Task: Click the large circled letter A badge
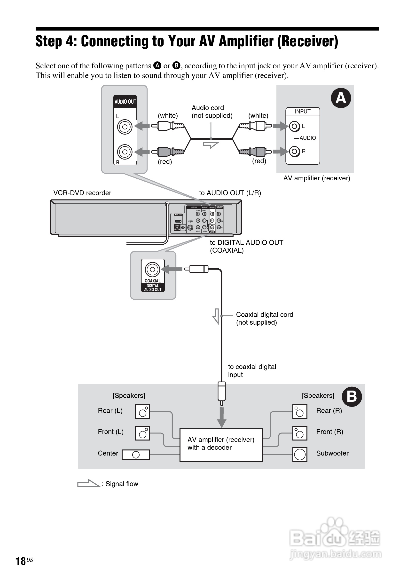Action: (341, 98)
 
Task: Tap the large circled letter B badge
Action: (352, 397)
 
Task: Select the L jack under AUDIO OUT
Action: (125, 127)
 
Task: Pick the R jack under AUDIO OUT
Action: (125, 152)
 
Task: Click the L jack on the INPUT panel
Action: (294, 126)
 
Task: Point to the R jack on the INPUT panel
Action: (294, 151)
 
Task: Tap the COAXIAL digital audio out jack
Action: (152, 270)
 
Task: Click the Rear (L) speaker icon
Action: (143, 412)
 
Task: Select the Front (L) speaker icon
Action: (143, 433)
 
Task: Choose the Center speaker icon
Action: (136, 455)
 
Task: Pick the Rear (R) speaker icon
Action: (300, 412)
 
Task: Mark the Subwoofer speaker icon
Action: (300, 454)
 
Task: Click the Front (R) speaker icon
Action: (300, 433)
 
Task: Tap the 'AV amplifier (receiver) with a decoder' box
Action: (221, 445)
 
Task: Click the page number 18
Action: (21, 561)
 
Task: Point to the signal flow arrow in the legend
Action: (88, 483)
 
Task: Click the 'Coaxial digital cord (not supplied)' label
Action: (264, 318)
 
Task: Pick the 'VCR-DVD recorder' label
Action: (82, 193)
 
